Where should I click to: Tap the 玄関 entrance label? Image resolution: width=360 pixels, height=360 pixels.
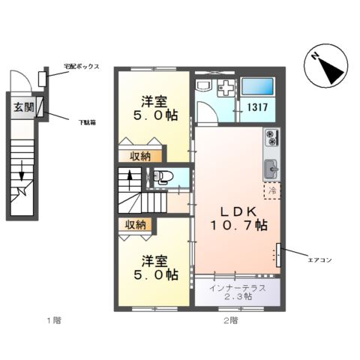pyautogui.click(x=23, y=106)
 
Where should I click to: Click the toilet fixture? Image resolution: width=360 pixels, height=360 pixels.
pyautogui.click(x=160, y=178)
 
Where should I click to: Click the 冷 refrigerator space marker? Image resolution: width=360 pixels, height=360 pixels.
pyautogui.click(x=273, y=192)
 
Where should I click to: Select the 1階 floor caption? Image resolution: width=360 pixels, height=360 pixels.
pyautogui.click(x=52, y=321)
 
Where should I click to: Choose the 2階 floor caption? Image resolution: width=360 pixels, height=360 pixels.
pyautogui.click(x=229, y=321)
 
